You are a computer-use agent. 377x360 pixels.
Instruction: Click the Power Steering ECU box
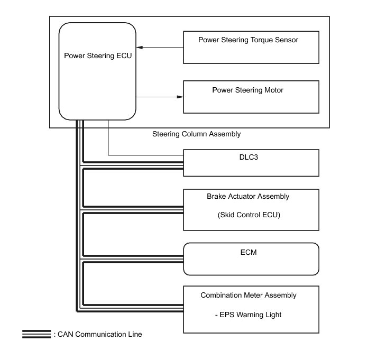[x=97, y=71]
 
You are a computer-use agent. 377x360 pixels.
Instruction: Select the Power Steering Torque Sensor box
[x=251, y=48]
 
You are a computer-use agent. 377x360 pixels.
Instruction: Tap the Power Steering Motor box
[x=251, y=97]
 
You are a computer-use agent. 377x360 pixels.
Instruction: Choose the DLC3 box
[x=251, y=163]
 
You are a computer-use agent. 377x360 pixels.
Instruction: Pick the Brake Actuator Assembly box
[x=251, y=210]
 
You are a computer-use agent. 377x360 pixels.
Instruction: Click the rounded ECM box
[x=251, y=259]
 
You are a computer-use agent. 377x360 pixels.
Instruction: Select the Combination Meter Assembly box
[x=251, y=310]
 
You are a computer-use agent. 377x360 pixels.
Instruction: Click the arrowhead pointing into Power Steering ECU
[x=140, y=48]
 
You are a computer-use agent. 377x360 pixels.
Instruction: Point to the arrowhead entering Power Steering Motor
[x=180, y=97]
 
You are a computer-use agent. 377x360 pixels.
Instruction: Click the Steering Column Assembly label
[x=197, y=134]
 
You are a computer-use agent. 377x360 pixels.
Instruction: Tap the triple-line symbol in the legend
[x=36, y=334]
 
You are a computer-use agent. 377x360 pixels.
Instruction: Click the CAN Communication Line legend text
[x=100, y=334]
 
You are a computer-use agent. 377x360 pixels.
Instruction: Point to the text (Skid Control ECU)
[x=249, y=215]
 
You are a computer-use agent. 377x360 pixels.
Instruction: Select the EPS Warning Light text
[x=248, y=315]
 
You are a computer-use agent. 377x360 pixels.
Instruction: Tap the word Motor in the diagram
[x=274, y=90]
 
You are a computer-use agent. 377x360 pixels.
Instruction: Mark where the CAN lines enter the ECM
[x=183, y=259]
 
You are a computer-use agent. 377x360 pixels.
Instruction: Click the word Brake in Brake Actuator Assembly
[x=216, y=196]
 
